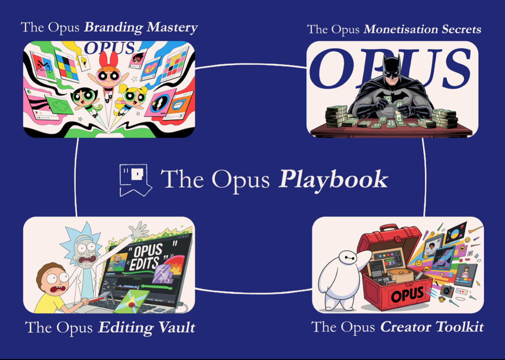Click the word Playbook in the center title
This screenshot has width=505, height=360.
pos(333,180)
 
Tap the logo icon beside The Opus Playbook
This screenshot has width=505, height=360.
pos(135,180)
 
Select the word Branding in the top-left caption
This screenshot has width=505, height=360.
pos(113,27)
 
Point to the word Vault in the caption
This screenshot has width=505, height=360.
pos(176,328)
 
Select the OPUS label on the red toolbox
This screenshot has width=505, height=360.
pos(407,295)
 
